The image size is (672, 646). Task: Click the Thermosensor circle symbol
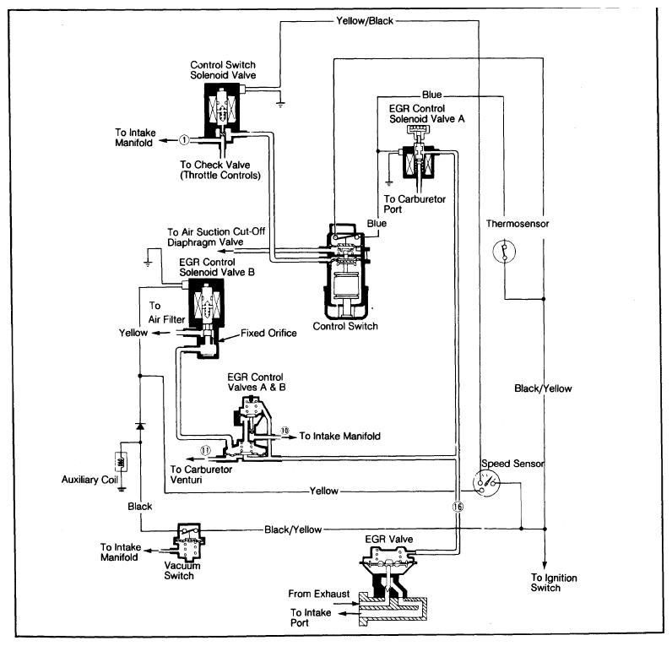coord(504,252)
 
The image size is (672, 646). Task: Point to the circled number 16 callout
coord(458,508)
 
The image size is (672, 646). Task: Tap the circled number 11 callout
coord(205,448)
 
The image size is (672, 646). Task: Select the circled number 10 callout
coord(285,432)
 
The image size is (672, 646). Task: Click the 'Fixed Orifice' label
coord(268,333)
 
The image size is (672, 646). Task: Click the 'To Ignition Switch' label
coord(545,583)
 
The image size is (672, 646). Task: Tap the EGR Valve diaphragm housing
coord(388,556)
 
